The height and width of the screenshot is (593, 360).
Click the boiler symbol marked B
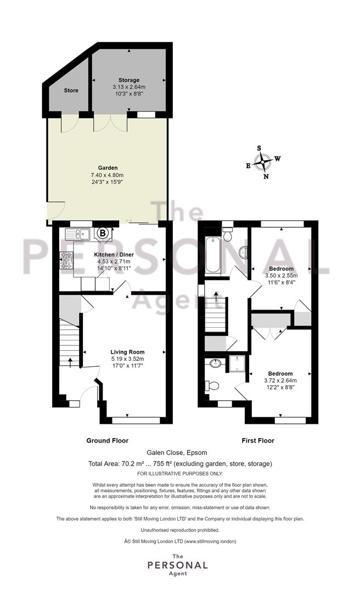tap(102, 234)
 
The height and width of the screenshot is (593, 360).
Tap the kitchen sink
tap(77, 234)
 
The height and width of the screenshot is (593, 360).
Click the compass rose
tap(263, 163)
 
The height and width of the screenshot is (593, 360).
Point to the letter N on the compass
tap(266, 176)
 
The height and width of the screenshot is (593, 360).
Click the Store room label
tap(71, 91)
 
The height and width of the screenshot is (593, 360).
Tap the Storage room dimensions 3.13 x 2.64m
tap(128, 87)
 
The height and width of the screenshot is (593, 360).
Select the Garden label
tap(108, 167)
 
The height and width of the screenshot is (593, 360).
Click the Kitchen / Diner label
tap(114, 255)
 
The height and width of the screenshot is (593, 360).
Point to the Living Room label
tap(127, 352)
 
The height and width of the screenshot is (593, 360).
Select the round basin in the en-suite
tap(216, 364)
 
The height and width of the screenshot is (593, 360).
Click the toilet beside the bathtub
tap(228, 234)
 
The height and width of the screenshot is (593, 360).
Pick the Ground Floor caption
tap(108, 440)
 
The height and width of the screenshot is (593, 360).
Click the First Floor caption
tap(258, 440)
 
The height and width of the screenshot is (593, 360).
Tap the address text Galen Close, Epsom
tap(177, 452)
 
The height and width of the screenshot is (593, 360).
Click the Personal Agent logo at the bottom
tap(178, 564)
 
